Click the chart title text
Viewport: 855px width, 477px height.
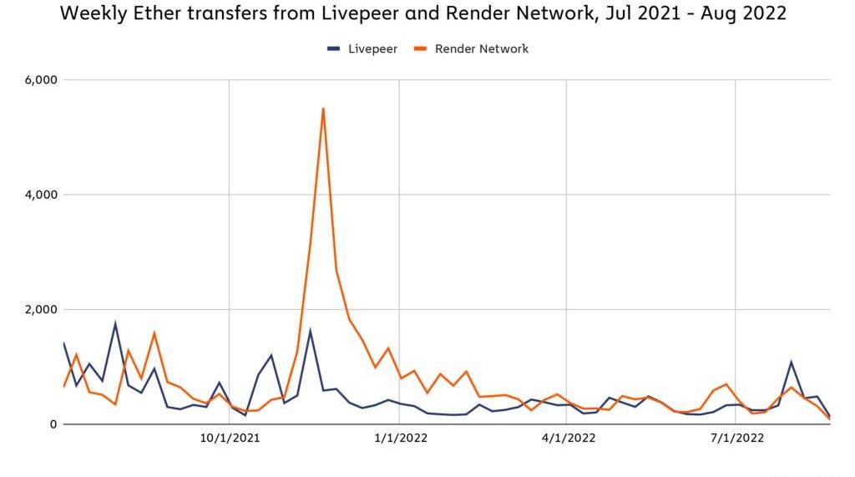(422, 13)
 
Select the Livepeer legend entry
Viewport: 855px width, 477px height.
(362, 49)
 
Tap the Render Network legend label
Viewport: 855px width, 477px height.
(482, 49)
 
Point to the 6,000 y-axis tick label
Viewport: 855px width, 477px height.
(41, 80)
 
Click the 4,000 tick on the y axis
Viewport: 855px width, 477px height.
(41, 195)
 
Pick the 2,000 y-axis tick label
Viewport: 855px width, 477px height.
(41, 309)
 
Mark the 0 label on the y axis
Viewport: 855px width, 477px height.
(53, 424)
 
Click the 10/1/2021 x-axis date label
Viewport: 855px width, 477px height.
(230, 439)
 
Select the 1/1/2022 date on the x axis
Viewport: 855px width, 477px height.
(401, 439)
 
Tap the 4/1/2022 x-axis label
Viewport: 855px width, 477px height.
(568, 439)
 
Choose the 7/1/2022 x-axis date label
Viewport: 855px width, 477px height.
(737, 439)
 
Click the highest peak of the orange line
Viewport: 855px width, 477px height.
(323, 109)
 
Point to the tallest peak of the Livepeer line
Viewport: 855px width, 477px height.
(115, 323)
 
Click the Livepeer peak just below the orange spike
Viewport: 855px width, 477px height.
(311, 330)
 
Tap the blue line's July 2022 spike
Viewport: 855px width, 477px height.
(792, 362)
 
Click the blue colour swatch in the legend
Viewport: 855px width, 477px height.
(333, 49)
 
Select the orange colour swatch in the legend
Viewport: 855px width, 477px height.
(420, 49)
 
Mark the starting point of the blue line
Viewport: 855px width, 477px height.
(63, 343)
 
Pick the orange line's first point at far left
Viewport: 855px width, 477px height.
(63, 387)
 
